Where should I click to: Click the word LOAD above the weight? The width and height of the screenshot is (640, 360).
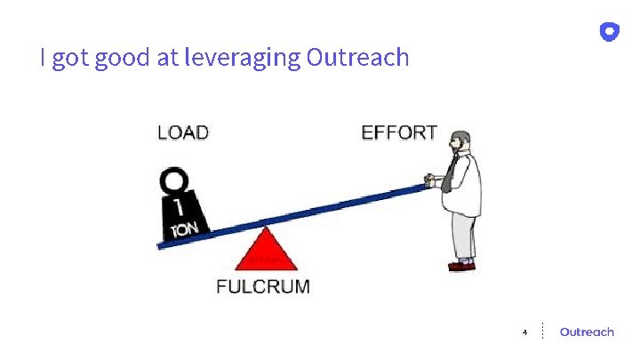click(183, 133)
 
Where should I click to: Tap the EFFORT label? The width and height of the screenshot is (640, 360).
click(399, 133)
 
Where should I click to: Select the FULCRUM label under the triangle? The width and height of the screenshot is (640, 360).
click(264, 286)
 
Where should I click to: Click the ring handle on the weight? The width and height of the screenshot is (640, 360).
click(175, 182)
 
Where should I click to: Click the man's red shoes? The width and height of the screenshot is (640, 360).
click(462, 264)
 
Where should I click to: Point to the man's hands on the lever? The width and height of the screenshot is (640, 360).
click(433, 183)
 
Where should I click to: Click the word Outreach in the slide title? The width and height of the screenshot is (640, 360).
click(357, 58)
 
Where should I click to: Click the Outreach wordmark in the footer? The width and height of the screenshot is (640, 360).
click(587, 332)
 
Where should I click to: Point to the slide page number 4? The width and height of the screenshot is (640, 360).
click(524, 332)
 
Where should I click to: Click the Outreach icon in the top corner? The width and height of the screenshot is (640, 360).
click(609, 32)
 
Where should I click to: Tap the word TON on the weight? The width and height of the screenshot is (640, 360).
click(186, 230)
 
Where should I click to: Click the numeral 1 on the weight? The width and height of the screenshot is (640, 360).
click(179, 208)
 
